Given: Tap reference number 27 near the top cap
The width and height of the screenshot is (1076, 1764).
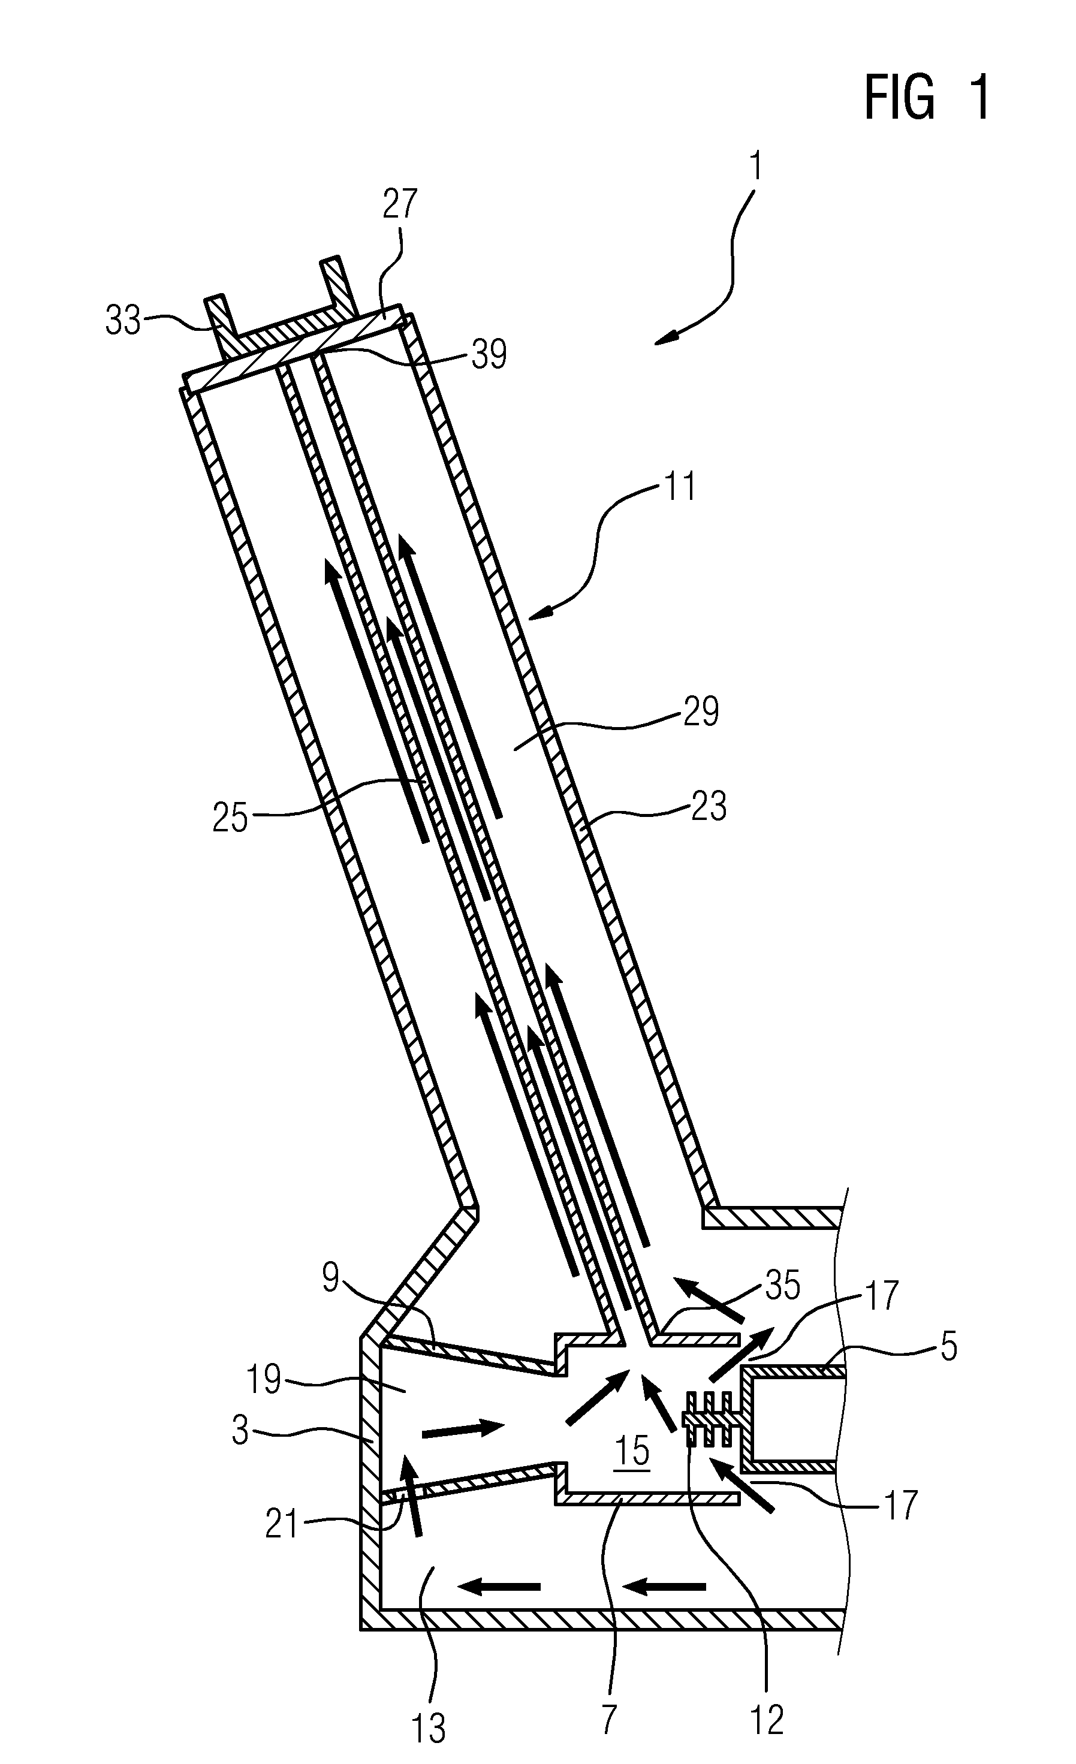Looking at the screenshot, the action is (x=399, y=203).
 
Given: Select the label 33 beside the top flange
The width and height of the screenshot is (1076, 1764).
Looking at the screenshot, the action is (x=123, y=321).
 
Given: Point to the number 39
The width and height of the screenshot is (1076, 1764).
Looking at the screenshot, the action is (x=489, y=353).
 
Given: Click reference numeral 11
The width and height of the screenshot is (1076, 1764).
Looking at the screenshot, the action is (x=679, y=487).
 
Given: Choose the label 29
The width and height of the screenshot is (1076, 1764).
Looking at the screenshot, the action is (x=700, y=711).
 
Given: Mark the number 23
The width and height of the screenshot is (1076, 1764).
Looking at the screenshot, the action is (x=709, y=806).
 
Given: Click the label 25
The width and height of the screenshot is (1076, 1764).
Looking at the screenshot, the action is (x=230, y=817).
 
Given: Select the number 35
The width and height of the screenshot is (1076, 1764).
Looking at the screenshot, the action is (x=782, y=1286).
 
